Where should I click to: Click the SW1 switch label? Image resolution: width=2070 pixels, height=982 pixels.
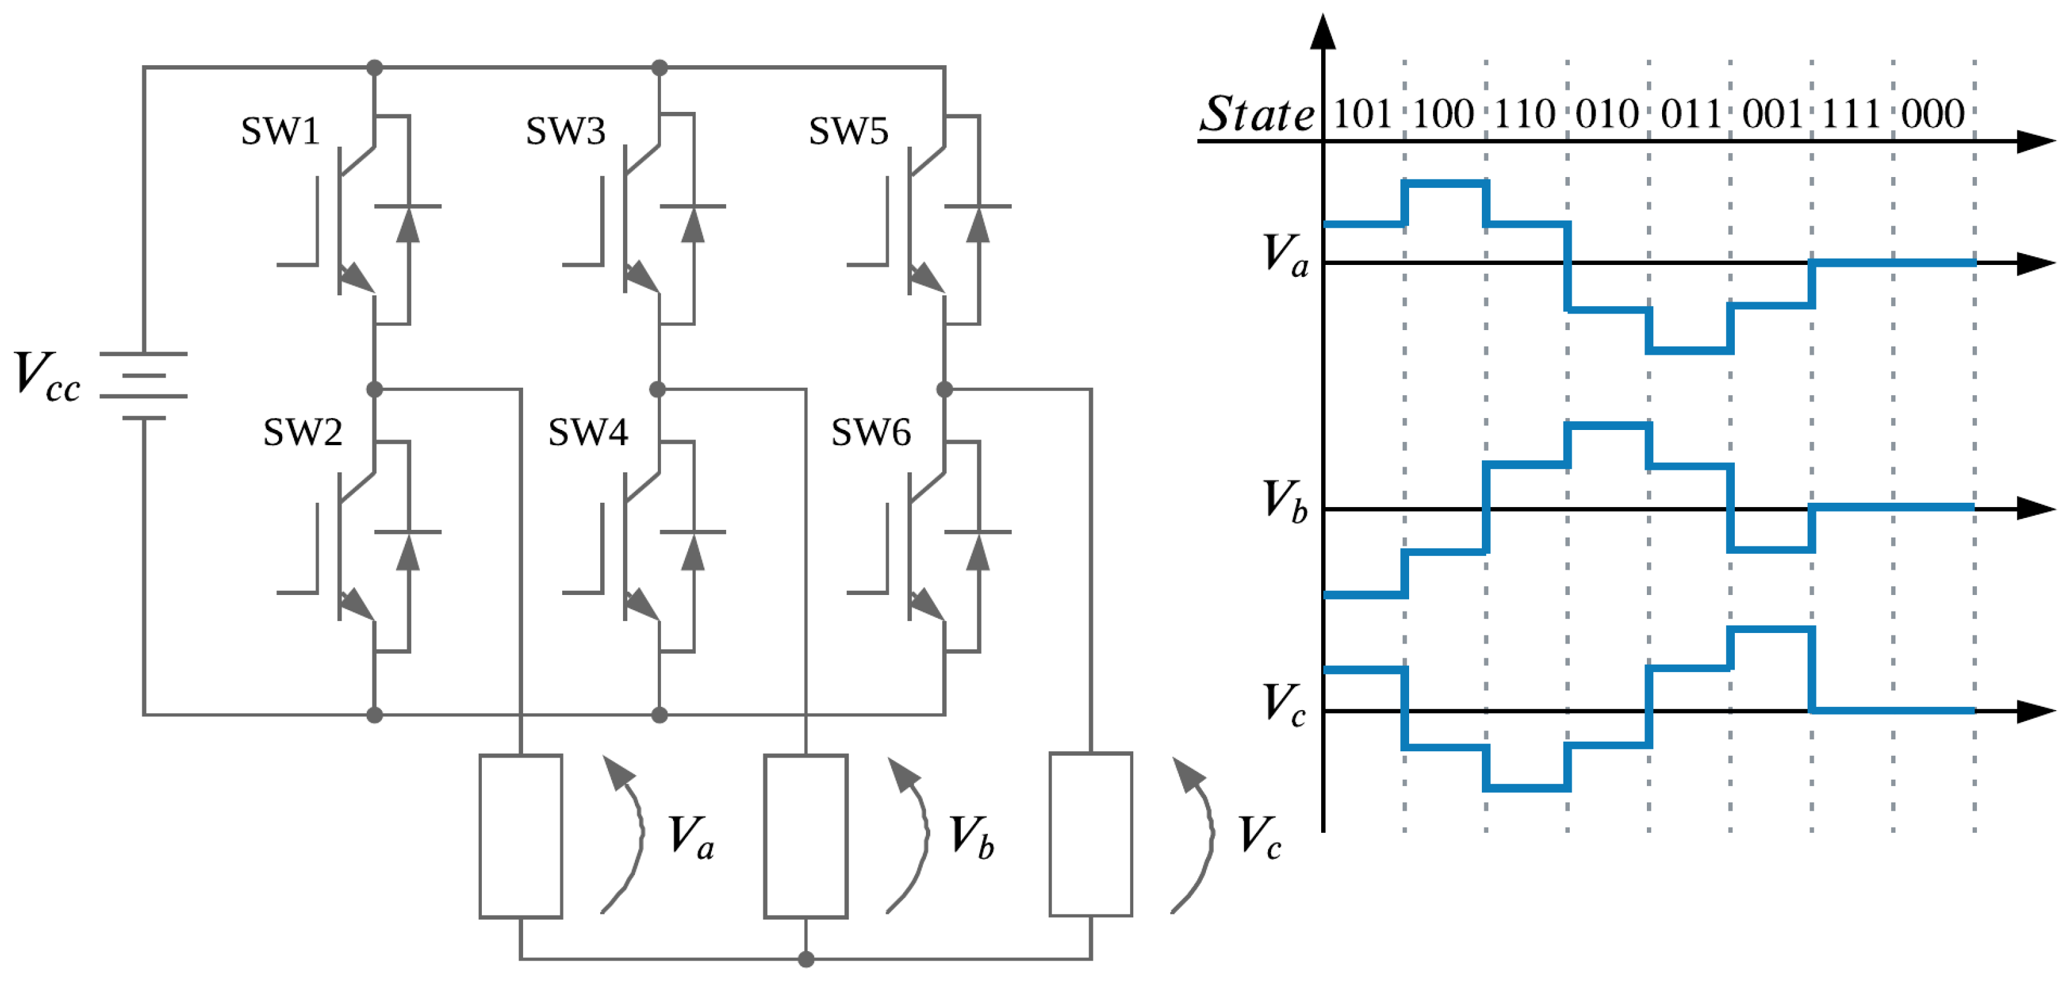tap(280, 131)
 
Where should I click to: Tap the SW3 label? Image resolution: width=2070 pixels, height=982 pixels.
tap(565, 131)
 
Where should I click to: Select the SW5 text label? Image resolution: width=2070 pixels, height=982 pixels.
tap(849, 131)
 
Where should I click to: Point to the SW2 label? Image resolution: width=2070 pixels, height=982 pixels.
tap(303, 433)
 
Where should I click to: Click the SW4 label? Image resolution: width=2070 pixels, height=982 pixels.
tap(588, 433)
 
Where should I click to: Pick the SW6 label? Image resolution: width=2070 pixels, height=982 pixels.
tap(871, 433)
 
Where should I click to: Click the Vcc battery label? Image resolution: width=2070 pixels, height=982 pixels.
tap(47, 376)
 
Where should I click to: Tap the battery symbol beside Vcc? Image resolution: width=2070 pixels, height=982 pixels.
tap(144, 386)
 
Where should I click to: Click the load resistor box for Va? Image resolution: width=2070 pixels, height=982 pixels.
tap(521, 836)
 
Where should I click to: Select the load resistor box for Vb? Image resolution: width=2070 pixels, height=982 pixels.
tap(806, 836)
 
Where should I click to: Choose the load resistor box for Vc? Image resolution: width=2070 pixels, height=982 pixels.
tap(1091, 834)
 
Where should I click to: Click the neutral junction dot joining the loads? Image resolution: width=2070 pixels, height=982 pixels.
tap(806, 959)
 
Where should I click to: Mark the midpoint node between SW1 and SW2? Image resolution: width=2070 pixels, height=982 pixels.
tap(374, 390)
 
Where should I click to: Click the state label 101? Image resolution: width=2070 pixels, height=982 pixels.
tap(1363, 113)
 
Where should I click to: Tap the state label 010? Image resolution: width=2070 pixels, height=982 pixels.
tap(1607, 113)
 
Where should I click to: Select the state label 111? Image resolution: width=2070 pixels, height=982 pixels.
tap(1851, 113)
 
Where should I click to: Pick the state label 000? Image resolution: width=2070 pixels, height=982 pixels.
tap(1933, 113)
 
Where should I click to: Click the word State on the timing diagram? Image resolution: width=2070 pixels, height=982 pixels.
tap(1257, 113)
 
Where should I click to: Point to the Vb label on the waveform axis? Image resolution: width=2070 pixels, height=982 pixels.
tap(1286, 501)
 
